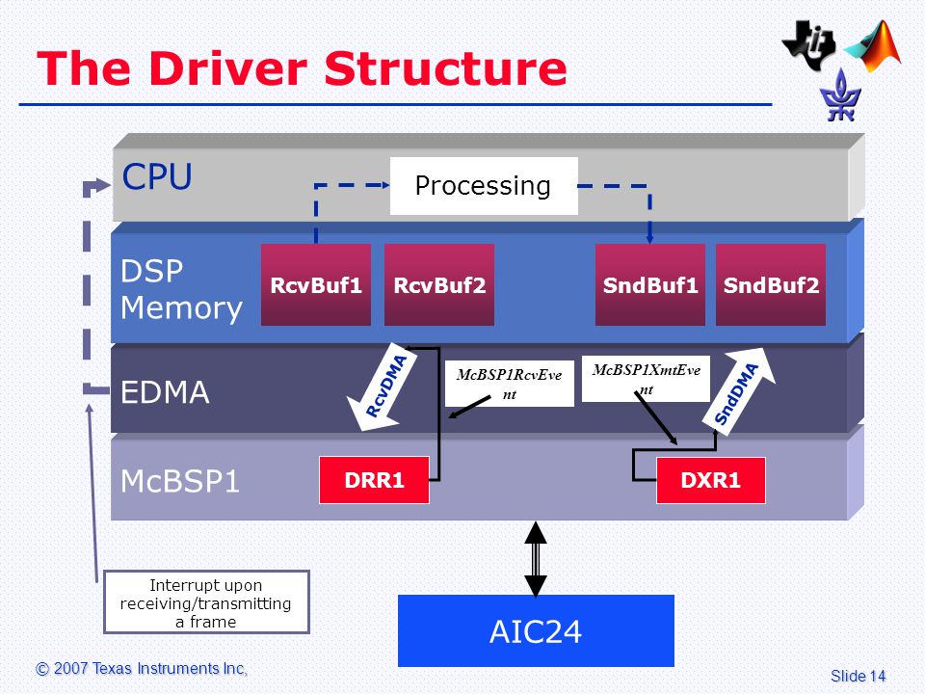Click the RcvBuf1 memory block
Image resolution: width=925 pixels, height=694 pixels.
316,284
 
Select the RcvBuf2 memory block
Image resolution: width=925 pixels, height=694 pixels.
439,284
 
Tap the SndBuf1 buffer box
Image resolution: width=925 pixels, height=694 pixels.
650,284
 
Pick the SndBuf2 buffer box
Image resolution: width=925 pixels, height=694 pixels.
771,284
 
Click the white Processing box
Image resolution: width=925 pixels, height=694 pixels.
484,186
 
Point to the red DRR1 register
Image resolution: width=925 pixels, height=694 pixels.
374,480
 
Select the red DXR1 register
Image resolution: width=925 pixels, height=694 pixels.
711,480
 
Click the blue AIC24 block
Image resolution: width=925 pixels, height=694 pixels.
536,630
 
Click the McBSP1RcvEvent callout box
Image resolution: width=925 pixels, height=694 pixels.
509,384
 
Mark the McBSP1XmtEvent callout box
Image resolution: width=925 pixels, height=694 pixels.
646,379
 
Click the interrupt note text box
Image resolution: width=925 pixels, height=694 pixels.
206,601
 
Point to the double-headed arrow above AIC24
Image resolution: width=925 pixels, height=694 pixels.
536,559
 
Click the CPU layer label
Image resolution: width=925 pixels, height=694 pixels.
157,176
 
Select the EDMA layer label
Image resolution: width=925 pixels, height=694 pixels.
165,392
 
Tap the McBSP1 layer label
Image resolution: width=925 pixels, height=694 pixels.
180,481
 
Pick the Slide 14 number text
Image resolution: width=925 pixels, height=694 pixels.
858,676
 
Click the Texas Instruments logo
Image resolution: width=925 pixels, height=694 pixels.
808,45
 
